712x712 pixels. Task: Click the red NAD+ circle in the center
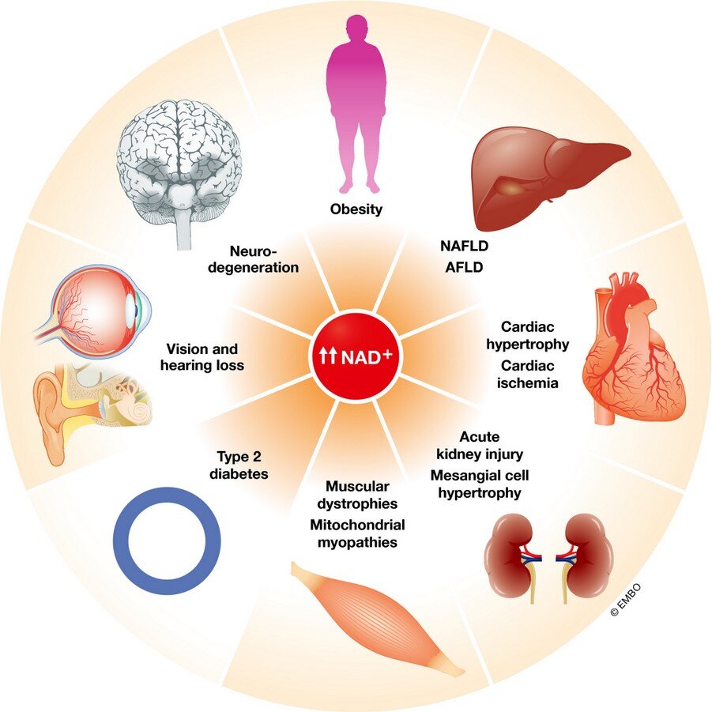(356, 357)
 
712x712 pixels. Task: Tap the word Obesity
(356, 209)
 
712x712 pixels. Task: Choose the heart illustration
(632, 348)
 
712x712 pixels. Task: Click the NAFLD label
(464, 246)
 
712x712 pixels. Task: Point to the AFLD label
(464, 267)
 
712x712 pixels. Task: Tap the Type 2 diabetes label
(239, 465)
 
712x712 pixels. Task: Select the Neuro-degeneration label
(253, 259)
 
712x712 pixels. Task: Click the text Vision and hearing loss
(202, 357)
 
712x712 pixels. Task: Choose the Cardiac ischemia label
(528, 374)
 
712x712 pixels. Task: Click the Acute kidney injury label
(480, 446)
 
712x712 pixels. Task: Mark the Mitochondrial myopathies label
(357, 533)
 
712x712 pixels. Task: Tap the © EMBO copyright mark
(626, 599)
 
